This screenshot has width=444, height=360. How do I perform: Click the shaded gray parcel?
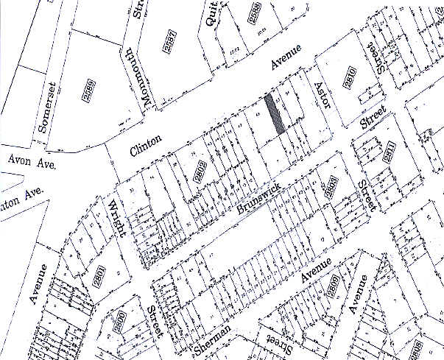click(275, 114)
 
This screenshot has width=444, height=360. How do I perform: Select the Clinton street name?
click(145, 144)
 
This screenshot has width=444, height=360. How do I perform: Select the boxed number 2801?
click(96, 280)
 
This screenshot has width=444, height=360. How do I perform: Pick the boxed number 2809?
click(334, 289)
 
